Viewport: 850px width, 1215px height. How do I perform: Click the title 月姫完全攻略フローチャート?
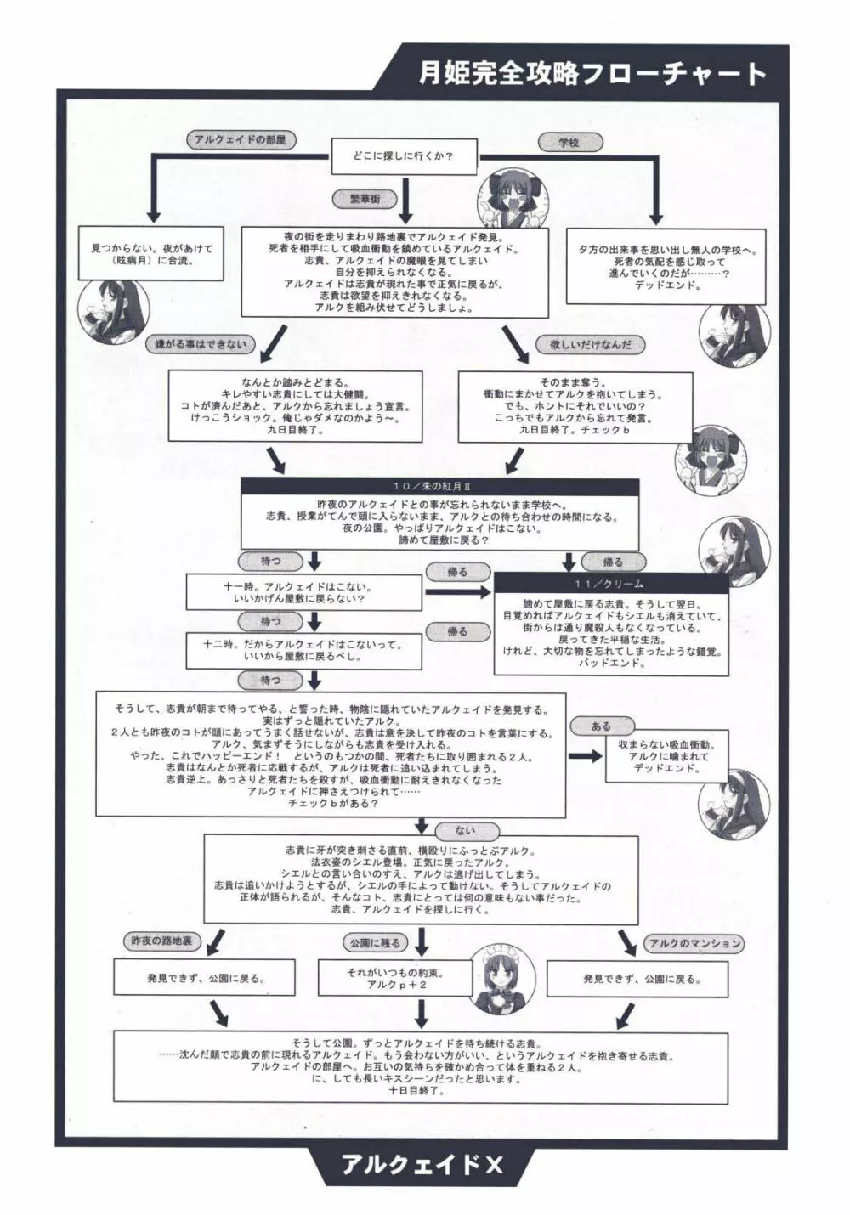pos(592,74)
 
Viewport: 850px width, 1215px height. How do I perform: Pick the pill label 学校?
pos(569,143)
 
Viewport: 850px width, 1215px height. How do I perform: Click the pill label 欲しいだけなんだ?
pos(590,345)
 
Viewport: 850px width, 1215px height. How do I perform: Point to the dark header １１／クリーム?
pos(609,585)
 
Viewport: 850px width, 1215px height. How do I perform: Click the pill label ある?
pos(601,726)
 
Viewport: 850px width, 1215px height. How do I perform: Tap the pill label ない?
pos(466,831)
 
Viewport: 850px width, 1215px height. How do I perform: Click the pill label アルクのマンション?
pos(694,943)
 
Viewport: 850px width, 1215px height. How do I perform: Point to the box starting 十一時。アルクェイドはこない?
pos(305,592)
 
